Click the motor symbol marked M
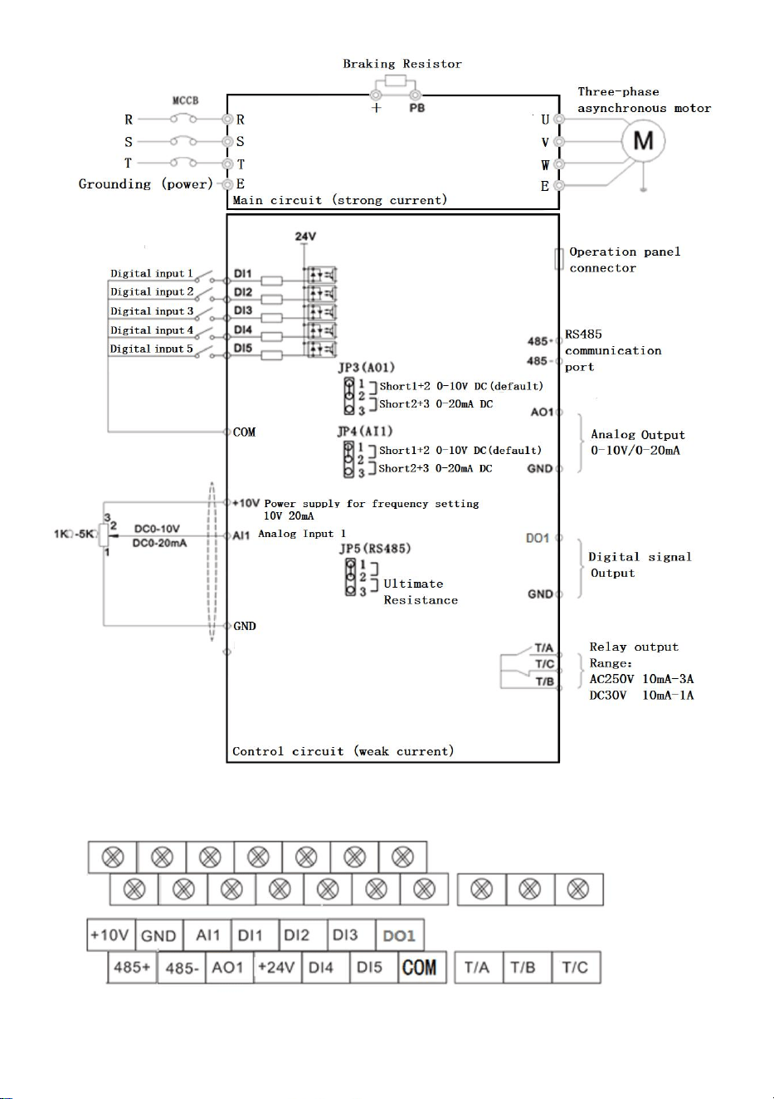[x=643, y=141]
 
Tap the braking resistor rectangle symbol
[x=396, y=81]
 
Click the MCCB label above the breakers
[x=185, y=100]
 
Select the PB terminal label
[x=417, y=108]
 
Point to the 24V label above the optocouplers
[x=305, y=237]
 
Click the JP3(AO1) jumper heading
[x=367, y=368]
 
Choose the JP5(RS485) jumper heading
[x=375, y=549]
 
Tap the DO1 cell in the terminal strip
[x=400, y=935]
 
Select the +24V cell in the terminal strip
[x=276, y=968]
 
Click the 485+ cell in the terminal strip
[x=132, y=968]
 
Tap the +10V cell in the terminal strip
[x=110, y=935]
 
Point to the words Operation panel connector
[x=625, y=260]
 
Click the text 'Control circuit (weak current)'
[x=343, y=751]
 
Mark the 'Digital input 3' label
[x=152, y=311]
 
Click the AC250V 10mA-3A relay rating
[x=641, y=679]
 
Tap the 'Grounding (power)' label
[x=146, y=184]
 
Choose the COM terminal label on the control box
[x=244, y=432]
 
